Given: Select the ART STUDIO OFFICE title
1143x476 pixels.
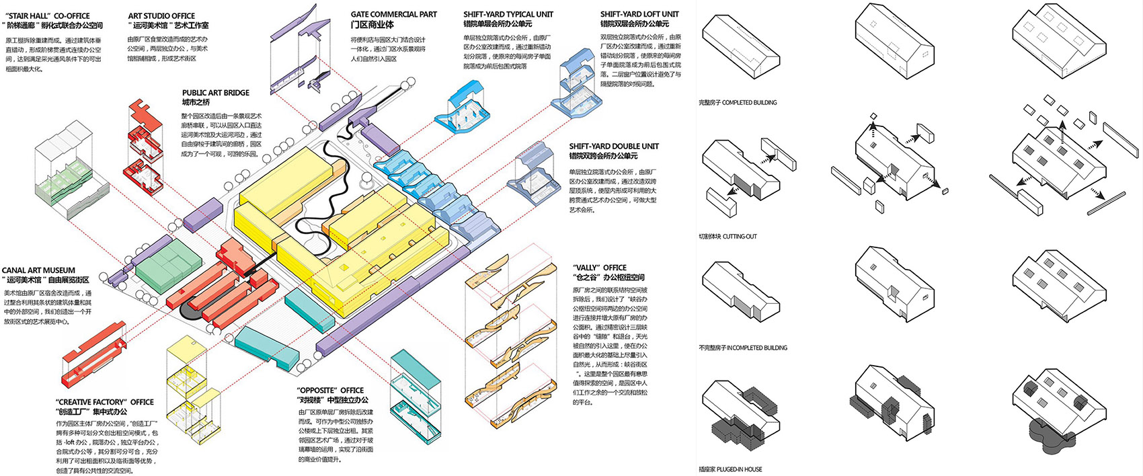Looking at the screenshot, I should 161,15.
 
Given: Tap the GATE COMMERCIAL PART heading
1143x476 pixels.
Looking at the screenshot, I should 393,14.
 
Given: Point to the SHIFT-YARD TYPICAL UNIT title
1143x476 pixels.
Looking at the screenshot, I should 508,14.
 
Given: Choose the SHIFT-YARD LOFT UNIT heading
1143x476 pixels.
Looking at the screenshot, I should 639,14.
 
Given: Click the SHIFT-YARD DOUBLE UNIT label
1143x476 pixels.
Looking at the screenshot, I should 614,146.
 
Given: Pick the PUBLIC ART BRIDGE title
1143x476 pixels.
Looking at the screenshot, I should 215,93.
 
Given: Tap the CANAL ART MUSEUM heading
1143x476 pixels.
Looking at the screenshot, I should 38,270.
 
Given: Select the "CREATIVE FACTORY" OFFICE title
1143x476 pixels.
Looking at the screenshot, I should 105,402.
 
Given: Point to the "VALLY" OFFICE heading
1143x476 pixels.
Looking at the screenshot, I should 600,268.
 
